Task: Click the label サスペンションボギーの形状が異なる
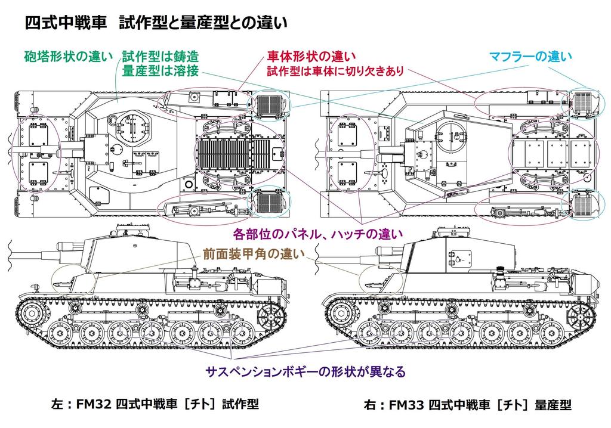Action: tap(305, 371)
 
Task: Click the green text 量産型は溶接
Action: tap(160, 71)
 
